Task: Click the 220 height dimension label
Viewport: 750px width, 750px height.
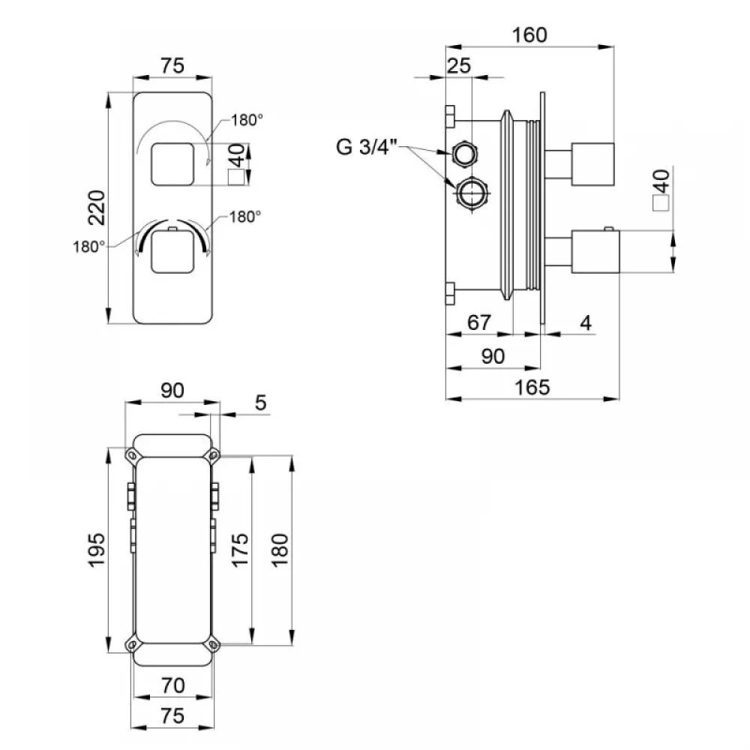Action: [97, 207]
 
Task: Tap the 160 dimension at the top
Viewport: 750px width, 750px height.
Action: [529, 35]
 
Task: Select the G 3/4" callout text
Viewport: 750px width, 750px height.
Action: [367, 146]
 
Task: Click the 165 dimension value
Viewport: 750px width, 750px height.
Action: [532, 387]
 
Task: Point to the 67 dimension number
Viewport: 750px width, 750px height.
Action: [479, 322]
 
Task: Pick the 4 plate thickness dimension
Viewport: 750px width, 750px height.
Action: [586, 322]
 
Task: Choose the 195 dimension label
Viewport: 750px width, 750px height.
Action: [97, 550]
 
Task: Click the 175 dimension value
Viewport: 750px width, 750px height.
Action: [240, 550]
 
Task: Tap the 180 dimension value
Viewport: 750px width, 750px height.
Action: [280, 550]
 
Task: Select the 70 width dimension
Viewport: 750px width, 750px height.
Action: [172, 685]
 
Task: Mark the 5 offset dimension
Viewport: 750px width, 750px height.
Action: [260, 403]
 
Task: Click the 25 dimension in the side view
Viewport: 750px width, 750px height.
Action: [459, 65]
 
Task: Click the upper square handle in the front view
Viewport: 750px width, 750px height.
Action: [172, 164]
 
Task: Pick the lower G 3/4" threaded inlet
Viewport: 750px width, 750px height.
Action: [472, 193]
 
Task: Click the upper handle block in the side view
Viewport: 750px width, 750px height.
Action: [593, 163]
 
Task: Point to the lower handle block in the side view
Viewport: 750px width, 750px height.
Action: [595, 251]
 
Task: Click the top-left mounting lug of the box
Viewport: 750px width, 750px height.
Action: [131, 454]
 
